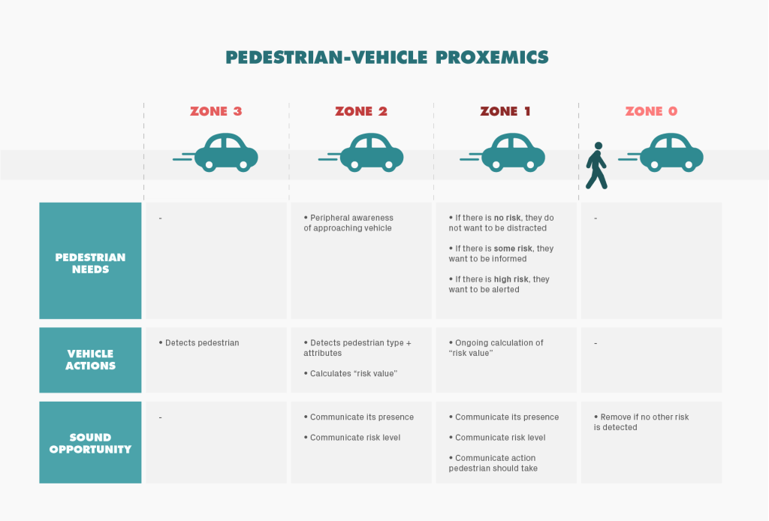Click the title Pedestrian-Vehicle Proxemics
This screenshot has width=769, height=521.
point(388,57)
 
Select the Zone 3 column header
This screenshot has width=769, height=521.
point(216,111)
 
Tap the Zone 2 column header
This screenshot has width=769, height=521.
point(361,111)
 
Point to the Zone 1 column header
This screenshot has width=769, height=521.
point(505,111)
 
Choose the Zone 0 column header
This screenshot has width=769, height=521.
point(651,111)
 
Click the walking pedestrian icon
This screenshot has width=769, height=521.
point(596,166)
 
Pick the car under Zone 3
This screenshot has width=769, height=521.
point(226,152)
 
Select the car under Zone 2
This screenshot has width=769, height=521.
point(371,152)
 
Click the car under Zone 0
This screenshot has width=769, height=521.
point(670,152)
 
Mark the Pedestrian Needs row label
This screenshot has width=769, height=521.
point(90,263)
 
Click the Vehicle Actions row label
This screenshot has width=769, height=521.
point(90,360)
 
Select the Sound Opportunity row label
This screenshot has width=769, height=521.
point(90,443)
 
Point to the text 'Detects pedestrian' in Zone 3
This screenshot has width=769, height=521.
point(201,343)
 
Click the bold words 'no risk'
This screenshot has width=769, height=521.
point(507,218)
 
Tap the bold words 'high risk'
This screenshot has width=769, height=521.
point(511,279)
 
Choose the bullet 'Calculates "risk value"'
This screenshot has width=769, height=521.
point(353,373)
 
